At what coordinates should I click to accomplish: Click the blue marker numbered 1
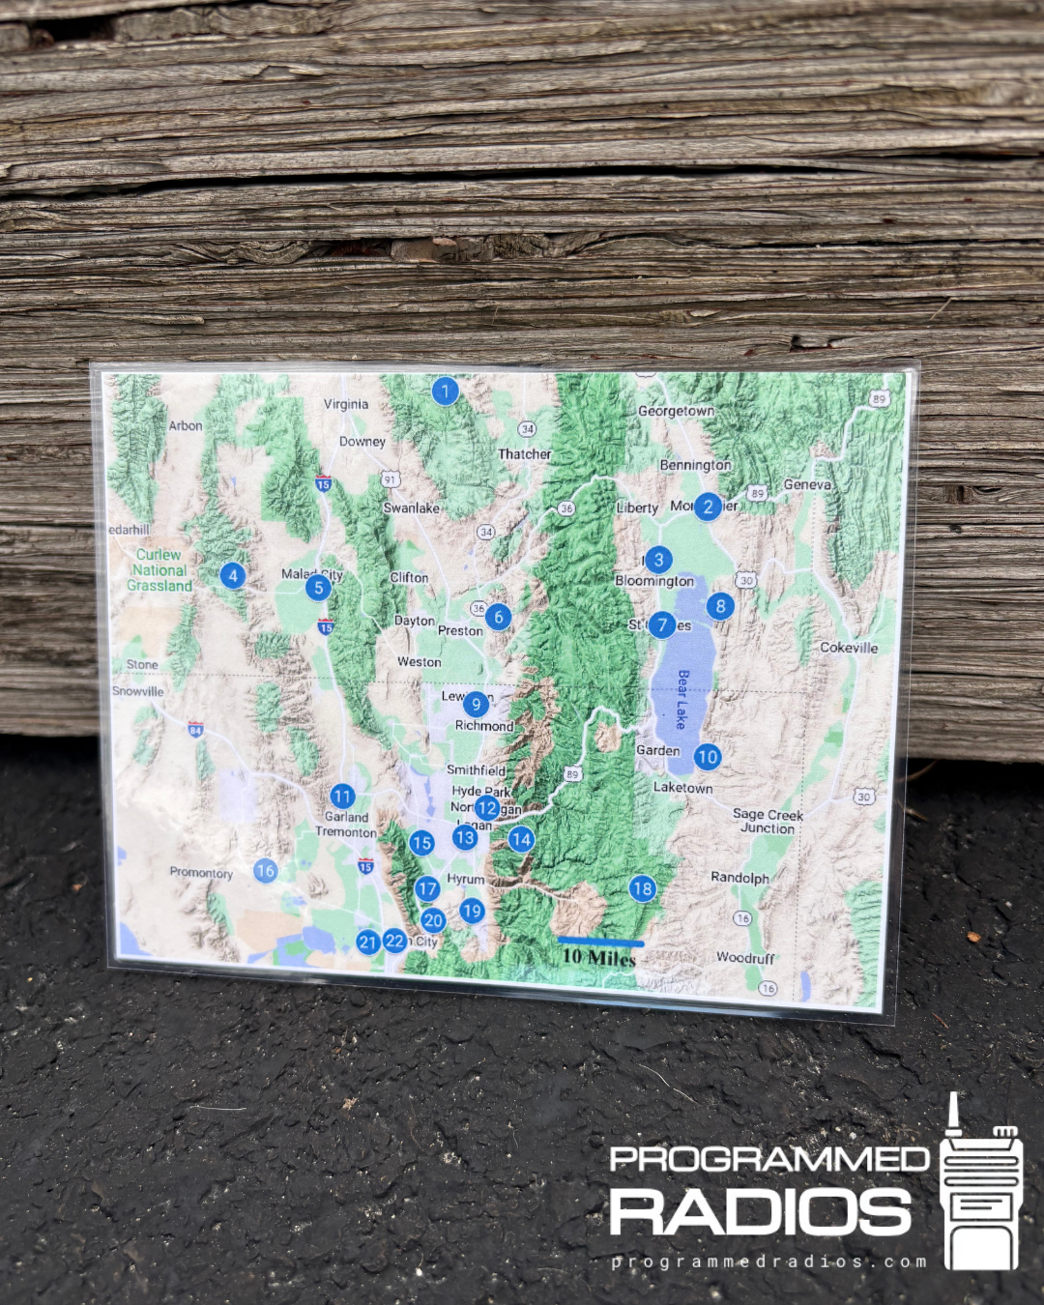click(445, 391)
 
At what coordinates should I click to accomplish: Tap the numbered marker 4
click(232, 575)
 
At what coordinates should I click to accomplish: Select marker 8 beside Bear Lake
click(720, 606)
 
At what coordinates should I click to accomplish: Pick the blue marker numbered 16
click(266, 871)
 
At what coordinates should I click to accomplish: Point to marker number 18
click(643, 888)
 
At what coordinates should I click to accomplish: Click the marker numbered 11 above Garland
click(342, 797)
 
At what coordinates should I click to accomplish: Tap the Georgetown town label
click(676, 411)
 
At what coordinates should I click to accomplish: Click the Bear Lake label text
click(682, 699)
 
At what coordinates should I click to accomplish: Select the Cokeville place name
click(849, 648)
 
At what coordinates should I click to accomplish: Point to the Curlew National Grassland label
click(159, 570)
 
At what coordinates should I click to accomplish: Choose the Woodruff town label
click(745, 958)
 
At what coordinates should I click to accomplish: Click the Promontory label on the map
click(201, 873)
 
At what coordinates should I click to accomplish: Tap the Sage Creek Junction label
click(768, 822)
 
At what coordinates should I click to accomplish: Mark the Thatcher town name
click(525, 453)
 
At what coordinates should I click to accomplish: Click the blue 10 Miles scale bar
click(600, 942)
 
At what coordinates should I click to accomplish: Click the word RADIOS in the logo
click(761, 1212)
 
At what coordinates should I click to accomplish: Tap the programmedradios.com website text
click(768, 1261)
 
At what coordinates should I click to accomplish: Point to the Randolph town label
click(739, 878)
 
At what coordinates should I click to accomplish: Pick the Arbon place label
click(186, 425)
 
